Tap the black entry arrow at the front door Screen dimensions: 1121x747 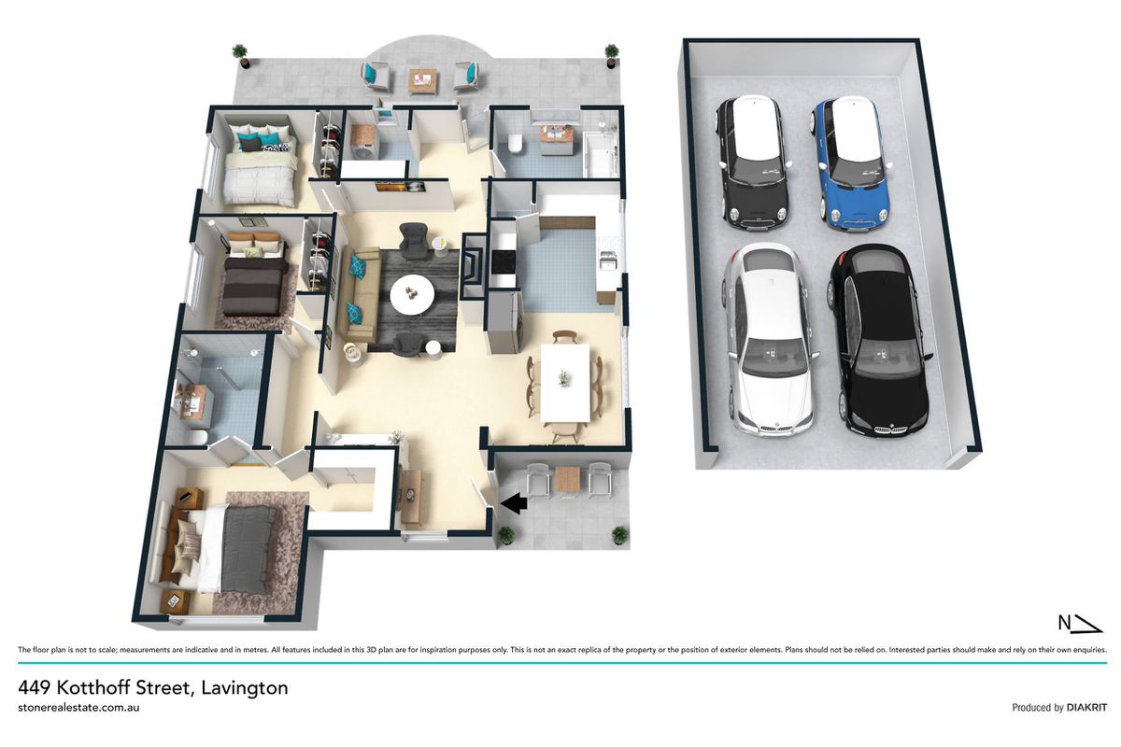point(514,503)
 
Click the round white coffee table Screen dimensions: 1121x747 point(412,295)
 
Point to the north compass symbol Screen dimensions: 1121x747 point(1081,624)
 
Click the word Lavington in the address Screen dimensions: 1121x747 point(245,688)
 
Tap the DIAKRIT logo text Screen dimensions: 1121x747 point(1086,708)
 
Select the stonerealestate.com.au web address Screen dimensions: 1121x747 point(78,708)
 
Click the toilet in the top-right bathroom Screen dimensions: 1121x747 point(515,143)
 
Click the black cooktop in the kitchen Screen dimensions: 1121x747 point(504,261)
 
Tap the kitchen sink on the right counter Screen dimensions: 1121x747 point(608,261)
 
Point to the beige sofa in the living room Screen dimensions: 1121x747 point(359,294)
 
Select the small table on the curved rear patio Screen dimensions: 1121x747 point(423,81)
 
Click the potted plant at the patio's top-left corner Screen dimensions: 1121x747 point(239,55)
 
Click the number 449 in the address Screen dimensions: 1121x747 point(34,688)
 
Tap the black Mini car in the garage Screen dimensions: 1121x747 point(752,162)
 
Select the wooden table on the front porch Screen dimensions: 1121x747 point(568,479)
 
